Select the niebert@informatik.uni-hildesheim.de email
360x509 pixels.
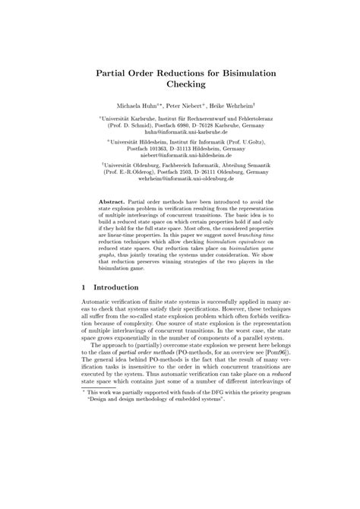pyautogui.click(x=179, y=154)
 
